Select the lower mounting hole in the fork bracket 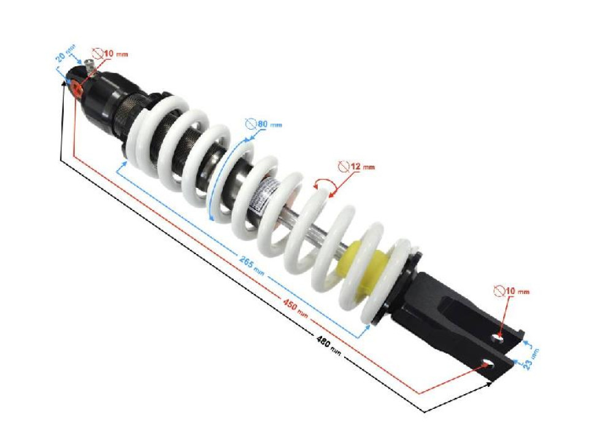pos(488,363)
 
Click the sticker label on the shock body pos(266,195)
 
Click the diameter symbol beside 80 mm pos(250,124)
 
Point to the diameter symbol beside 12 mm pos(344,166)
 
